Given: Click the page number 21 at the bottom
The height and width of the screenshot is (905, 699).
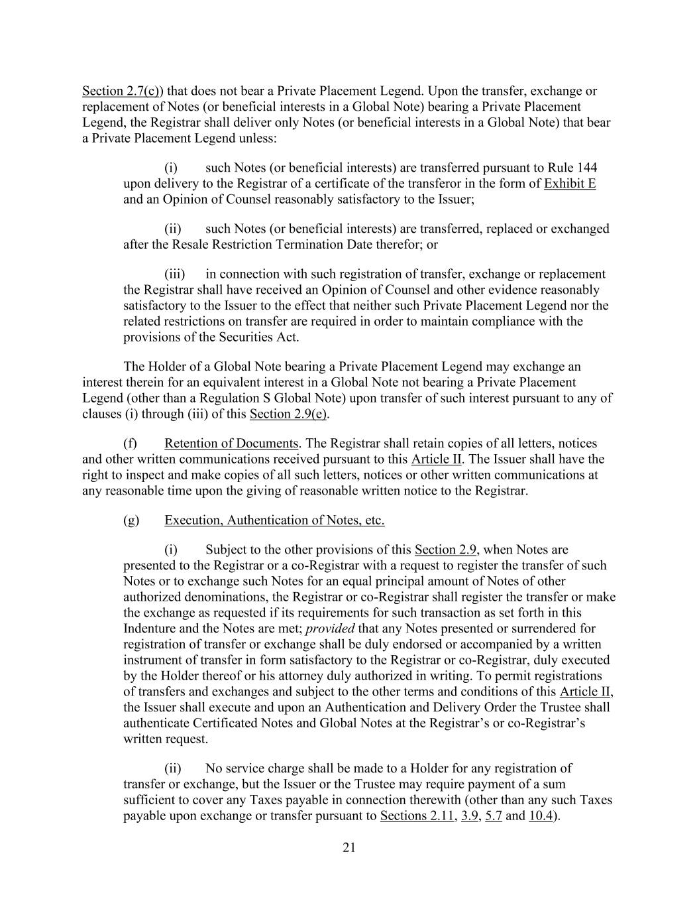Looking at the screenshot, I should (349, 847).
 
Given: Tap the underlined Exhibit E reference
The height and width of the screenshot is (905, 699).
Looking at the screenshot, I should (569, 184).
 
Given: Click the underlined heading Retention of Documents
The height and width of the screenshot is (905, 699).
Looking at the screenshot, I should (231, 444).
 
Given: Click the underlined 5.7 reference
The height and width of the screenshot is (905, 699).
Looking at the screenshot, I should (494, 816).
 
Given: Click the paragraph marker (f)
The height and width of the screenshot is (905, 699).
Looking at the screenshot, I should (131, 444).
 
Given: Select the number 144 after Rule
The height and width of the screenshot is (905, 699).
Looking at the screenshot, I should (588, 168).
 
